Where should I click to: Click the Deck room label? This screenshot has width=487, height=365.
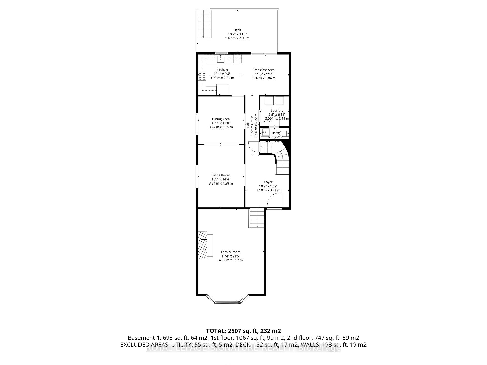click(x=237, y=30)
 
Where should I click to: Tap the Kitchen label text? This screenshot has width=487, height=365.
click(x=222, y=70)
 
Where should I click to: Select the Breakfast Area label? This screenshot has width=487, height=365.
click(x=263, y=70)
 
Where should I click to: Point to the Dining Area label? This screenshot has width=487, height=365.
click(x=221, y=119)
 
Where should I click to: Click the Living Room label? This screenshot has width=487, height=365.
click(x=221, y=175)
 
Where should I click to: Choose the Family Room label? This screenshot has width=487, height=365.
click(x=231, y=252)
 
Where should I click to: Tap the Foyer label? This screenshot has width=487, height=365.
click(x=268, y=182)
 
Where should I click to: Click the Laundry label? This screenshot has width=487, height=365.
click(x=277, y=111)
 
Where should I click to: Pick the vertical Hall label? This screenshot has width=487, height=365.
click(x=248, y=125)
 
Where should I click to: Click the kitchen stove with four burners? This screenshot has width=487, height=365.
click(x=202, y=76)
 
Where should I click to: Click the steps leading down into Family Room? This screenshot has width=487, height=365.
click(x=257, y=217)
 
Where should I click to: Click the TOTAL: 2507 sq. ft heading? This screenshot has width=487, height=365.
click(x=243, y=331)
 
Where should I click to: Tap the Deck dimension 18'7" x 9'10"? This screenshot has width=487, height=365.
click(x=237, y=34)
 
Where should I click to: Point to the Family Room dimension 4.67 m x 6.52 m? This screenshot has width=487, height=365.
click(x=231, y=260)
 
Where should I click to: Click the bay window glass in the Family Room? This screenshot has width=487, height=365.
click(x=227, y=302)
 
